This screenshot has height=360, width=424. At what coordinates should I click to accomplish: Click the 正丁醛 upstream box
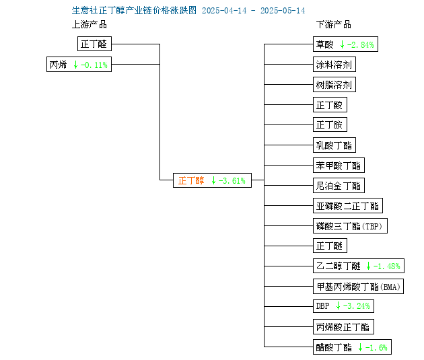(x=94, y=44)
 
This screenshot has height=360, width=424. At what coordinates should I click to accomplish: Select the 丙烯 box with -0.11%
(x=79, y=65)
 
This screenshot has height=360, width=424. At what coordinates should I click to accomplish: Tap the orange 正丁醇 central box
(x=212, y=180)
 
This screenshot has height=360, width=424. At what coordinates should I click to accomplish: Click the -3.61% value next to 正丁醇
(x=232, y=180)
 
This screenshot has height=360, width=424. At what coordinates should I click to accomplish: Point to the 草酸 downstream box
(x=345, y=44)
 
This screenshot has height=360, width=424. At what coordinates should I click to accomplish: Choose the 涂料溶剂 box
(x=334, y=65)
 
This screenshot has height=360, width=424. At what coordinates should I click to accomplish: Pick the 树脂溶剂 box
(x=334, y=85)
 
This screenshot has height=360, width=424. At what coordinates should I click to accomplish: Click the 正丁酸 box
(x=330, y=104)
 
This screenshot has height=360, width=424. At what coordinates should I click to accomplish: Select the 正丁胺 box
(x=330, y=124)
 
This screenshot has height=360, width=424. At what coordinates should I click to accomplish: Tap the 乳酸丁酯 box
(x=334, y=145)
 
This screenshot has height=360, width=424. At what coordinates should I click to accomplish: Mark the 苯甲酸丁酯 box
(x=339, y=165)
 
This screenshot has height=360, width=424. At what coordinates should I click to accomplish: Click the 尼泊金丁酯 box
(x=339, y=186)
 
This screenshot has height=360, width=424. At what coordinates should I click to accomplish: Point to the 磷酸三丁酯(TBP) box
(x=350, y=225)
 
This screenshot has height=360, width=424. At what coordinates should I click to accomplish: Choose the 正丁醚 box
(x=330, y=246)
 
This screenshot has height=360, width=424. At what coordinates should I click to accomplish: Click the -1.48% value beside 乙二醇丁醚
(x=387, y=266)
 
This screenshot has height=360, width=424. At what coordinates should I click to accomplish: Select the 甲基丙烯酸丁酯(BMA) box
(x=358, y=287)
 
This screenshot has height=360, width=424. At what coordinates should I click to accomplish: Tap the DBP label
(x=323, y=306)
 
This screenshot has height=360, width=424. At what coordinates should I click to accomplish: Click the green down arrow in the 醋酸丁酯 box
(x=360, y=347)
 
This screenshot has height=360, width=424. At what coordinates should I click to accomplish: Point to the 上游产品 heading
(x=90, y=25)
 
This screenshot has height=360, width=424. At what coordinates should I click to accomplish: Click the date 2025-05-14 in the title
(x=283, y=11)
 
